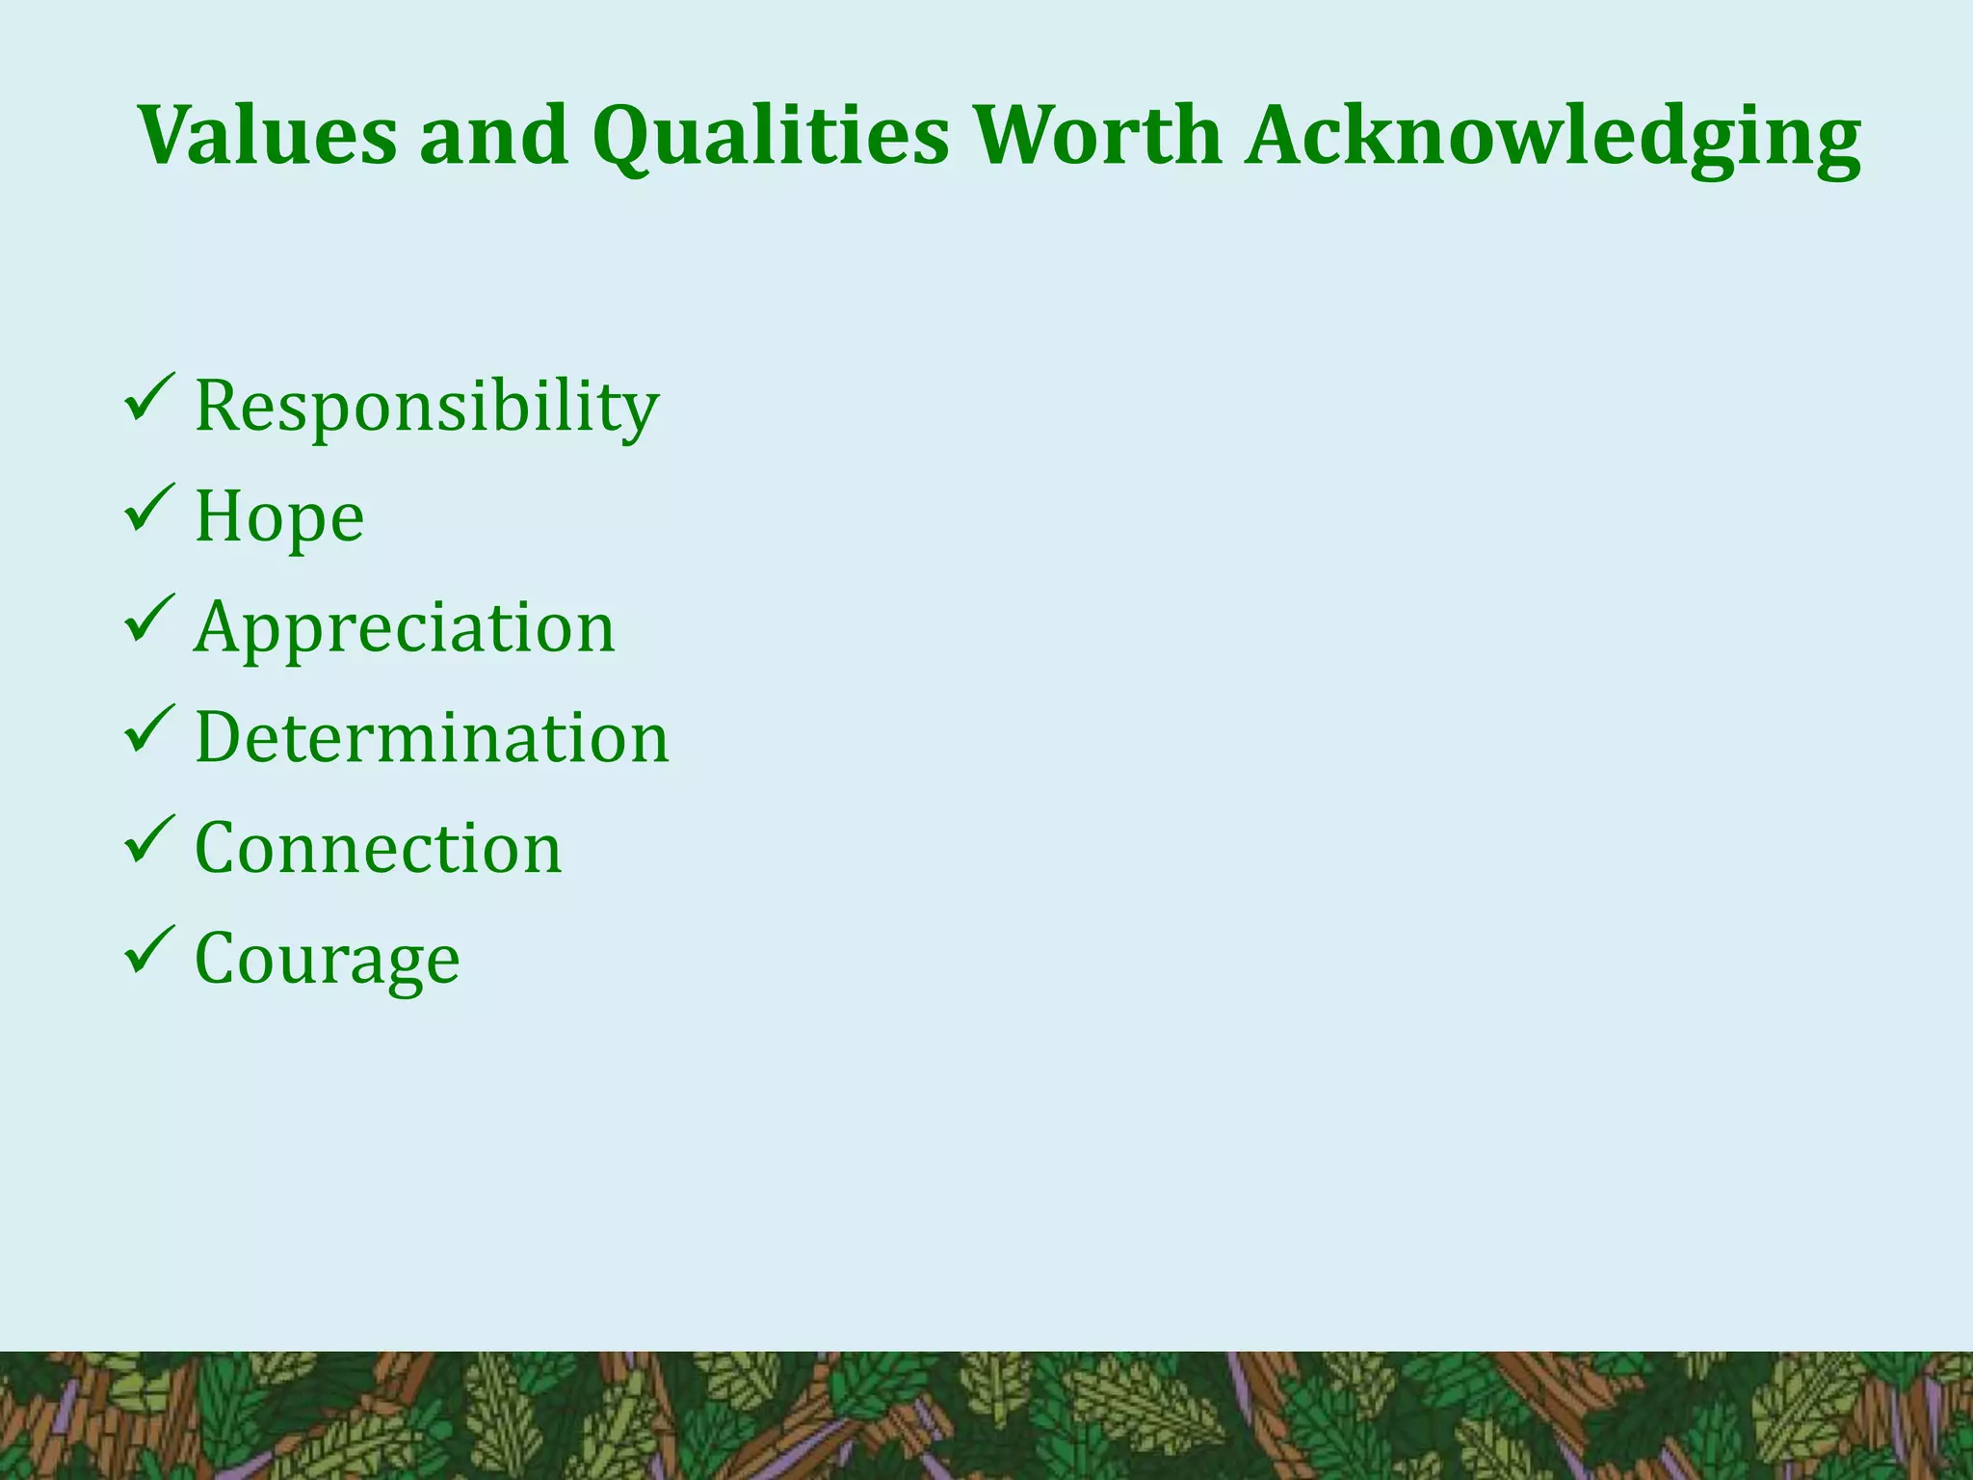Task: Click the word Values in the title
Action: pyautogui.click(x=267, y=135)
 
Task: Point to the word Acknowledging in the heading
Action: pyautogui.click(x=1552, y=137)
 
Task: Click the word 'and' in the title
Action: pyautogui.click(x=493, y=135)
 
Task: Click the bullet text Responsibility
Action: pyautogui.click(x=427, y=407)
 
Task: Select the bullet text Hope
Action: pyautogui.click(x=279, y=517)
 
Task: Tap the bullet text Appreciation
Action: pyautogui.click(x=405, y=628)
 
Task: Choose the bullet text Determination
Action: pyautogui.click(x=432, y=738)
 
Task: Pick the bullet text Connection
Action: pyautogui.click(x=378, y=849)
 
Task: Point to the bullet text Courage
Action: pyautogui.click(x=328, y=960)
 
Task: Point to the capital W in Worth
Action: pyautogui.click(x=1027, y=135)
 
